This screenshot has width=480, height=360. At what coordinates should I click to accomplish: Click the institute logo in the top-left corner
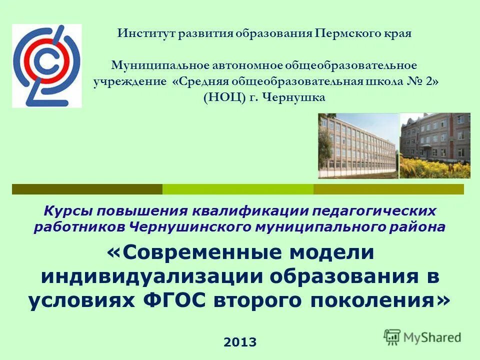[46, 65]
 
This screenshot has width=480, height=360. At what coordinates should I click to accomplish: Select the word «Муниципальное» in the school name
[148, 65]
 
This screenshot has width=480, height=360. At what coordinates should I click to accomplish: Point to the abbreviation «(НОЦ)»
[224, 97]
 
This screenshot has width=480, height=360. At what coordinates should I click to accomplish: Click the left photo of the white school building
[357, 145]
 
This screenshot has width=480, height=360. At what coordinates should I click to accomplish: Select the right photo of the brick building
[434, 145]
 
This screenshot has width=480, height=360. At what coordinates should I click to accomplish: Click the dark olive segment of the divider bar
[87, 189]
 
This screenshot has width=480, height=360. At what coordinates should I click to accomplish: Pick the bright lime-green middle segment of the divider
[238, 189]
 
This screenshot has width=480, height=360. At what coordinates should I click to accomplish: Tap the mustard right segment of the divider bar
[388, 189]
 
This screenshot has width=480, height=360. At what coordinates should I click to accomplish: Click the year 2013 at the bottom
[240, 342]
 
